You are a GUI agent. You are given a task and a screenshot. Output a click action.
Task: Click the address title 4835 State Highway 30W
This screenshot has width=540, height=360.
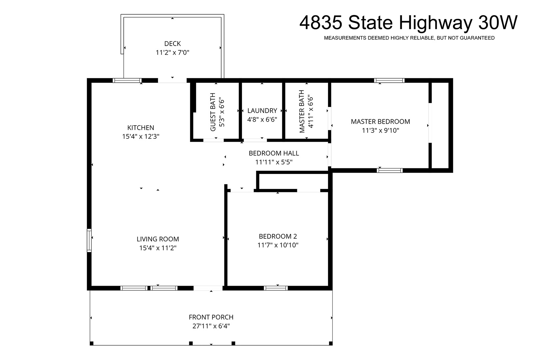(x=408, y=22)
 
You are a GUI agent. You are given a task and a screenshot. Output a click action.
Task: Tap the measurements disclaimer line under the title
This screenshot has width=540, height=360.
(x=409, y=38)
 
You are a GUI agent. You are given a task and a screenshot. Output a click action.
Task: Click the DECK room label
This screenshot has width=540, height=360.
(x=172, y=44)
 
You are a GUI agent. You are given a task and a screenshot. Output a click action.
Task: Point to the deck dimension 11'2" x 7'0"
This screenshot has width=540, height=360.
(x=172, y=53)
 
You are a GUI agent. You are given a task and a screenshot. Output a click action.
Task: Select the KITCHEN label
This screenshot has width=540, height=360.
(x=141, y=128)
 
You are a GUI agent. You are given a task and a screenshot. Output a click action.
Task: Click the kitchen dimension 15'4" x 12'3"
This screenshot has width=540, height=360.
(x=141, y=136)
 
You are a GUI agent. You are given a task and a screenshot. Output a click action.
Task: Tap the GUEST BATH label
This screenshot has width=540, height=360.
(x=213, y=112)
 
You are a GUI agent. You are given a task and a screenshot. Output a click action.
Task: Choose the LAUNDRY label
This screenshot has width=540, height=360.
(x=262, y=111)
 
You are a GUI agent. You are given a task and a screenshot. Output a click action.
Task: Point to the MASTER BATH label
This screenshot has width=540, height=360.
(x=302, y=111)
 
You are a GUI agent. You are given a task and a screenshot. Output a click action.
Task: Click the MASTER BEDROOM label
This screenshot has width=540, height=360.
(x=380, y=122)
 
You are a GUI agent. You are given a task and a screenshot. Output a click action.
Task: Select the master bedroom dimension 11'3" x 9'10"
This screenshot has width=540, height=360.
(x=380, y=130)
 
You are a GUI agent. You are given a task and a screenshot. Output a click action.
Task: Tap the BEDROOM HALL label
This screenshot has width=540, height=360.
(x=274, y=153)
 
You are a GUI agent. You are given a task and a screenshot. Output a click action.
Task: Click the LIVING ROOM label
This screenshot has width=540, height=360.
(x=158, y=239)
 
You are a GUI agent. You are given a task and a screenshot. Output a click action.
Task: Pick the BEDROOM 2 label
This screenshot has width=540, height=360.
(x=278, y=236)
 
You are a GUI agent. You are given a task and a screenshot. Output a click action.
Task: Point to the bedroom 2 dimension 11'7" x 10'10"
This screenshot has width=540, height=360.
(x=278, y=245)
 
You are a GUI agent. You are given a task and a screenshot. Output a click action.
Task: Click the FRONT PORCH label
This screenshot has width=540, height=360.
(x=211, y=317)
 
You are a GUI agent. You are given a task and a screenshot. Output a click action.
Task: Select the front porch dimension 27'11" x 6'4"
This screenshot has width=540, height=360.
(x=211, y=326)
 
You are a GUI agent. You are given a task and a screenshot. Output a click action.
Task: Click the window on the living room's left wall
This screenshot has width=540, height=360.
(x=89, y=240)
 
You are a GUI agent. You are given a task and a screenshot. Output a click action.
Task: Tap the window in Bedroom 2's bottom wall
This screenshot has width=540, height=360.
(x=276, y=288)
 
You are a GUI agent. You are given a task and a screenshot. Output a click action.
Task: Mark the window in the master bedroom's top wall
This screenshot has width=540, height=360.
(x=389, y=81)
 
